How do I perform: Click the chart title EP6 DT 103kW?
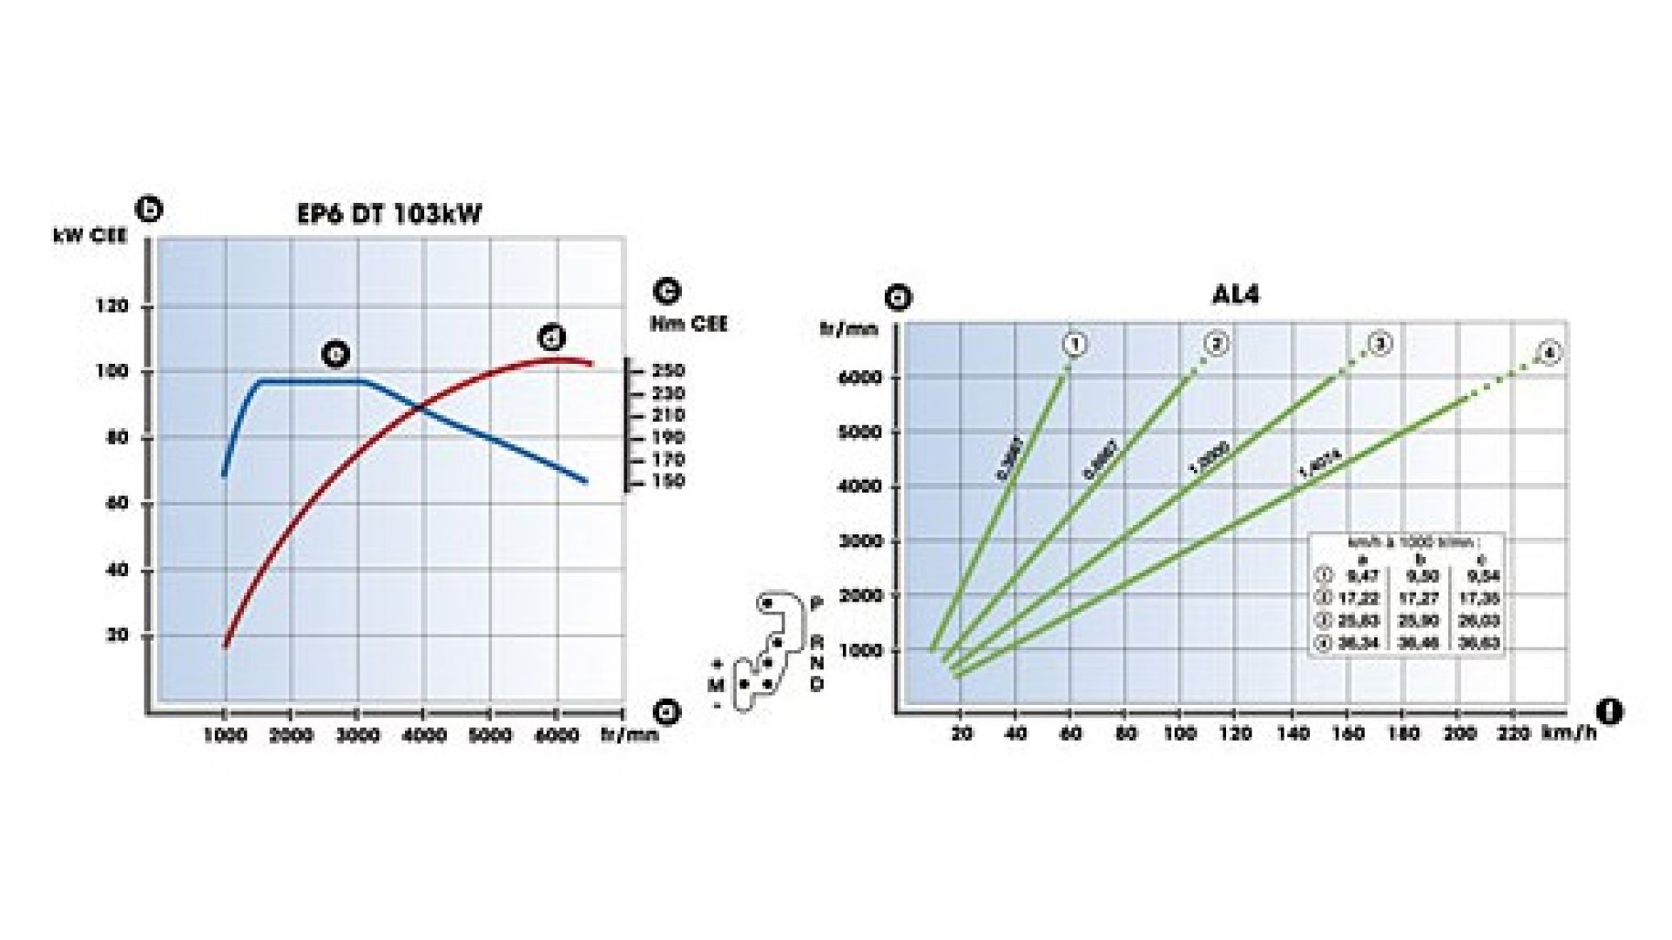click(388, 214)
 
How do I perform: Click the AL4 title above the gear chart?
click(1235, 294)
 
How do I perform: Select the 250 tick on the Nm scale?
click(668, 371)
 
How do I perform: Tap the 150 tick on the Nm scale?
click(668, 481)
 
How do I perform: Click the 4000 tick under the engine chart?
click(423, 736)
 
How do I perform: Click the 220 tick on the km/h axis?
click(1514, 734)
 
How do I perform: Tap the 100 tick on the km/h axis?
click(1180, 734)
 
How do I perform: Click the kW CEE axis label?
click(90, 236)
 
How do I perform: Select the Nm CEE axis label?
click(689, 324)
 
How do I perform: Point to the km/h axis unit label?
click(1569, 733)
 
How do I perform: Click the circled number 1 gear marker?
click(1075, 345)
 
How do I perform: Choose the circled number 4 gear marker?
click(1549, 353)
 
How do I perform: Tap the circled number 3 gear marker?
click(1380, 344)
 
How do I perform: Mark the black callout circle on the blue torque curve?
click(335, 353)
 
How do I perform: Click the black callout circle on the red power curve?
click(552, 337)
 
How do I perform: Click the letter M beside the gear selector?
click(716, 685)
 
